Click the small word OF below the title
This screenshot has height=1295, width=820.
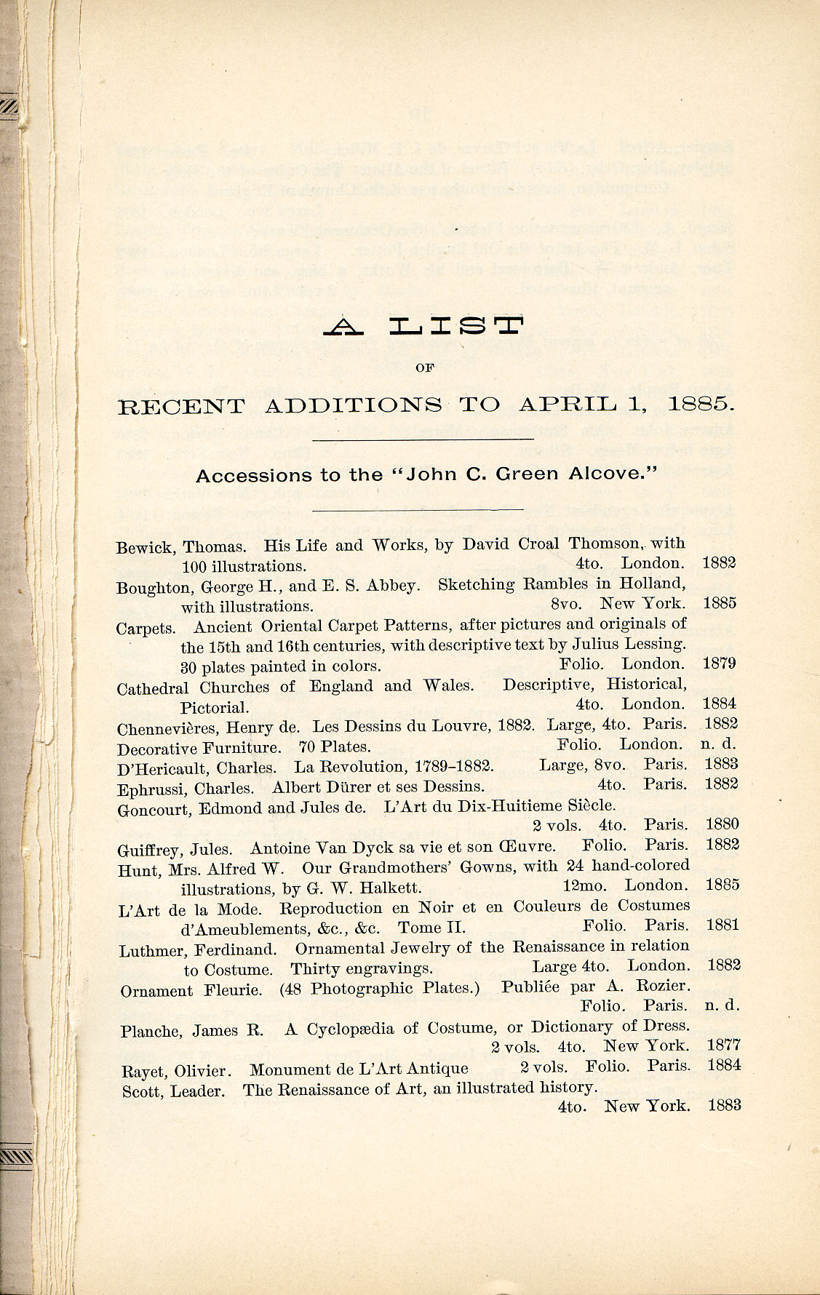click(x=424, y=367)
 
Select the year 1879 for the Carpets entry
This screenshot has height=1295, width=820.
click(x=720, y=663)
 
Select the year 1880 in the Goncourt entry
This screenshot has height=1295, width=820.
click(x=722, y=824)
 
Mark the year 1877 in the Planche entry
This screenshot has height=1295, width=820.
click(x=723, y=1045)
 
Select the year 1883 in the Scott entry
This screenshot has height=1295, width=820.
click(x=723, y=1105)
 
